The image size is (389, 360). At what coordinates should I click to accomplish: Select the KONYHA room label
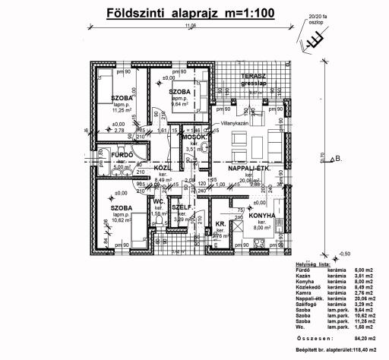coord(261,216)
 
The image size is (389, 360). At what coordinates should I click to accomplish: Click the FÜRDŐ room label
coord(122,156)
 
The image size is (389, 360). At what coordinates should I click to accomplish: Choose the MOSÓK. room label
coord(194,137)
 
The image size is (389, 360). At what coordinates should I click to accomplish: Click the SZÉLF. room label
coord(182,207)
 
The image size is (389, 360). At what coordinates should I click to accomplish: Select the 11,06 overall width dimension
coord(188,26)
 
